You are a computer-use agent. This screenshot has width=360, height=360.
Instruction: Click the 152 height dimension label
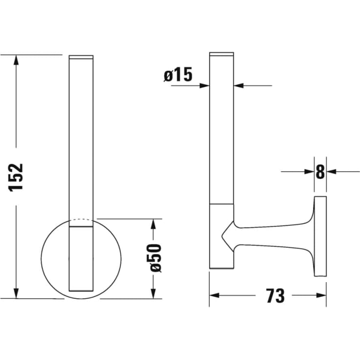tap(16, 177)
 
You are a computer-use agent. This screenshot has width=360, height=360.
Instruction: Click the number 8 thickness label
tap(320, 171)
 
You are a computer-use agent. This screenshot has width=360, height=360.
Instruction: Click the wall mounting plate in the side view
tap(320, 236)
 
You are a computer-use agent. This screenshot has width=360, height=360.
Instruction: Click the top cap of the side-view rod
tap(221, 53)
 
